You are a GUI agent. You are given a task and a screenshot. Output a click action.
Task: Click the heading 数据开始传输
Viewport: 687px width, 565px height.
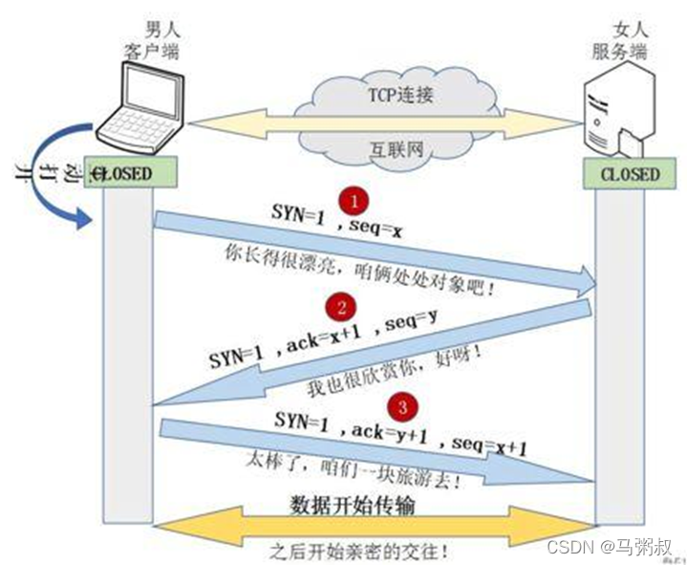[x=352, y=505]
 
